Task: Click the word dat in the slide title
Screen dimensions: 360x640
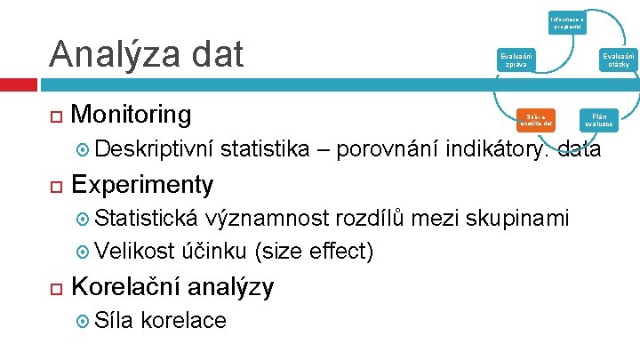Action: click(x=215, y=54)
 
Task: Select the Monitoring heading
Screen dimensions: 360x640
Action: click(x=131, y=115)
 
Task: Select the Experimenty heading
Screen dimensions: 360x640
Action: click(x=142, y=184)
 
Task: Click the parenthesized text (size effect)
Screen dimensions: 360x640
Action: click(x=313, y=252)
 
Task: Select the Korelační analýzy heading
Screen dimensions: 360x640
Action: click(x=172, y=286)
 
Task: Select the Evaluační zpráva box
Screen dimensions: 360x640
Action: click(x=516, y=60)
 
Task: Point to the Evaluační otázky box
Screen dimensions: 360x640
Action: click(x=614, y=60)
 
